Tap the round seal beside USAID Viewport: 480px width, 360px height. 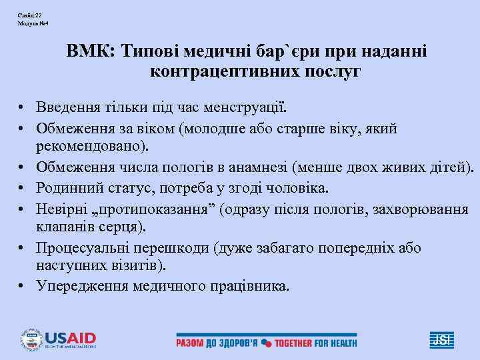click(32, 339)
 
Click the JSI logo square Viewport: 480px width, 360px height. click(439, 339)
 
